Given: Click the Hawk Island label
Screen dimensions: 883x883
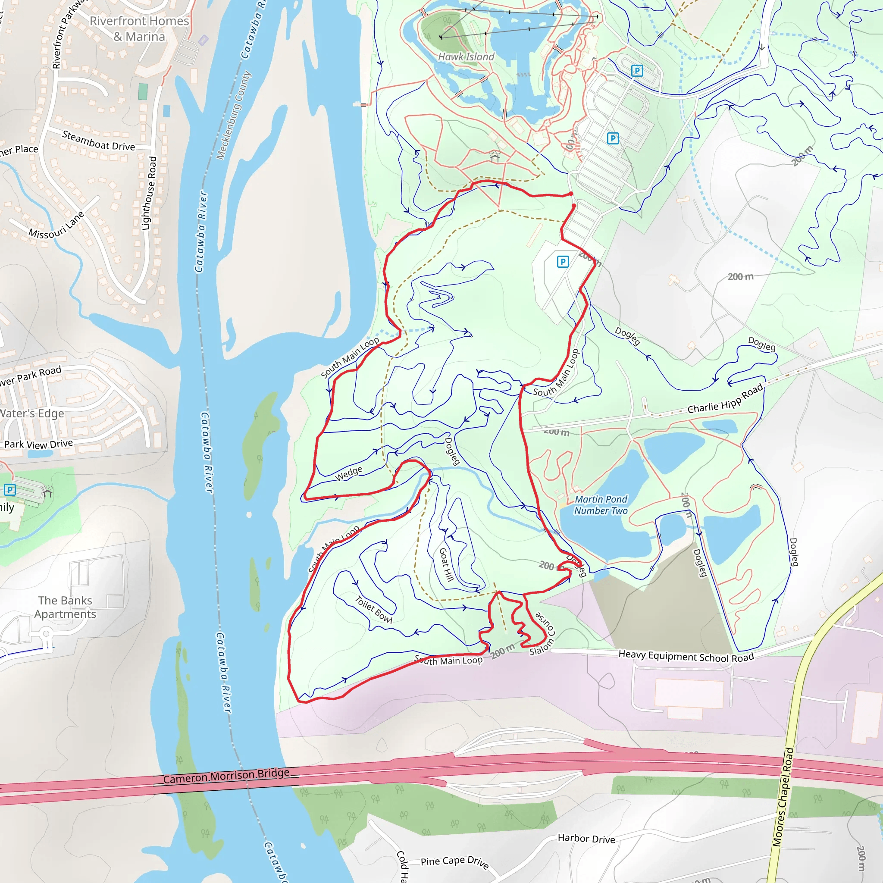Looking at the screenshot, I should tap(466, 56).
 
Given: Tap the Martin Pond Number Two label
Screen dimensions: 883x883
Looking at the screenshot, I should tap(601, 505).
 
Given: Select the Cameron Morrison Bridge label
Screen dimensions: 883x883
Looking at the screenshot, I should tap(226, 776).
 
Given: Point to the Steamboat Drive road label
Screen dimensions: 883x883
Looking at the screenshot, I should tap(98, 141).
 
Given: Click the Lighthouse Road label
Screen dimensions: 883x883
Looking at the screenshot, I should tap(149, 193).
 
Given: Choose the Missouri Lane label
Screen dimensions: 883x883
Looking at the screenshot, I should tap(56, 226).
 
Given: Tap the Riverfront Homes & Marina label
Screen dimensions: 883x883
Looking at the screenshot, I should tap(139, 28).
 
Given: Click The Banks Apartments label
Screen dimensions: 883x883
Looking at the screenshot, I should tap(65, 607).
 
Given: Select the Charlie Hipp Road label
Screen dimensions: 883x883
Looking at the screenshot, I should tap(725, 399).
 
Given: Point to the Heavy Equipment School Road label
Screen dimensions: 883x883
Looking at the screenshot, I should tap(686, 656).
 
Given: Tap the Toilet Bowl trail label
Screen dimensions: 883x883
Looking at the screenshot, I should tap(373, 610).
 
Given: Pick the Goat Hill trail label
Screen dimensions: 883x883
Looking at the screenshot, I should tap(446, 564).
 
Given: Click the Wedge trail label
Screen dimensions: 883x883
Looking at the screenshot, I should tap(349, 473).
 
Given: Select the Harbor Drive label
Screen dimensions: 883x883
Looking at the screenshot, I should tap(586, 839).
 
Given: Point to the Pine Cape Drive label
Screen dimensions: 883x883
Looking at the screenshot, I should tap(455, 862).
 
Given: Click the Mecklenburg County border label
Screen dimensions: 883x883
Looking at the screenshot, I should tap(234, 115).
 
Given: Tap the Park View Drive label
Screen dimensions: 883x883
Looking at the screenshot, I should tap(38, 444).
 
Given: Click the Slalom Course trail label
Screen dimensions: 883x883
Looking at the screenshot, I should tap(543, 634).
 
